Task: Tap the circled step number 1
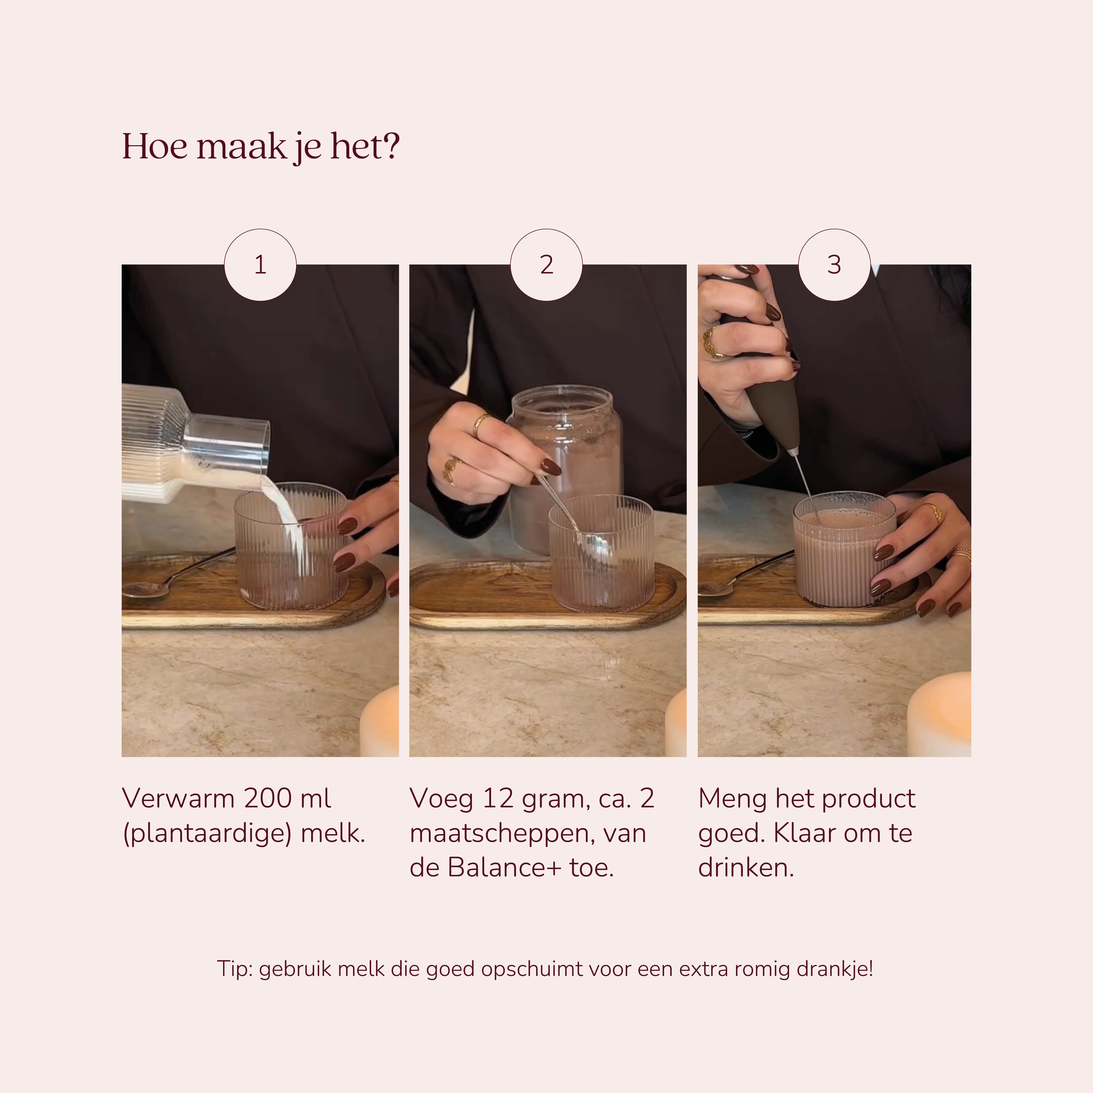[x=260, y=265]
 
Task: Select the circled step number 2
[x=546, y=265]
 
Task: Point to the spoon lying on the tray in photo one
[x=175, y=576]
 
